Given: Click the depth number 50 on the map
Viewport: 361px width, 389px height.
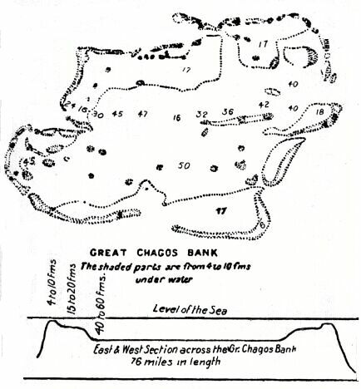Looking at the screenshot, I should tap(185, 165).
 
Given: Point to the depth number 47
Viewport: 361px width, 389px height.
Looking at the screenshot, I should tap(144, 114).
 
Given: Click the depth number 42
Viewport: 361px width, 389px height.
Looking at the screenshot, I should tap(264, 106).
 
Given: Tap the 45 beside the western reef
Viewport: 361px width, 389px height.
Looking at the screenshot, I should tap(31, 160).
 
